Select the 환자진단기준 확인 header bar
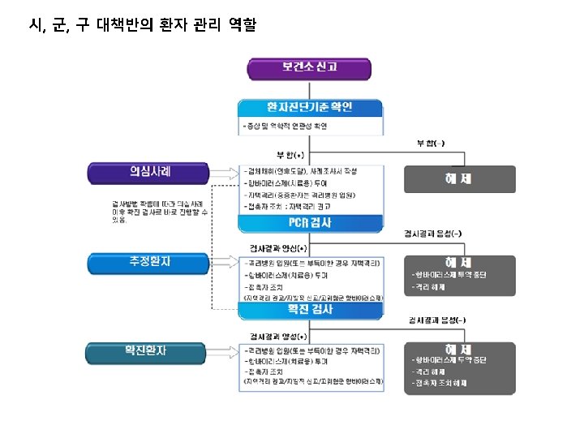pyautogui.click(x=310, y=108)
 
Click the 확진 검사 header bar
pyautogui.click(x=310, y=310)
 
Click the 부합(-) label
pyautogui.click(x=430, y=144)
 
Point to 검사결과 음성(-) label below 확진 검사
pyautogui.click(x=436, y=320)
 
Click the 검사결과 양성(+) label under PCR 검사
pyautogui.click(x=278, y=247)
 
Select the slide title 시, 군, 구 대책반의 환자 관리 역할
pyautogui.click(x=142, y=26)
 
